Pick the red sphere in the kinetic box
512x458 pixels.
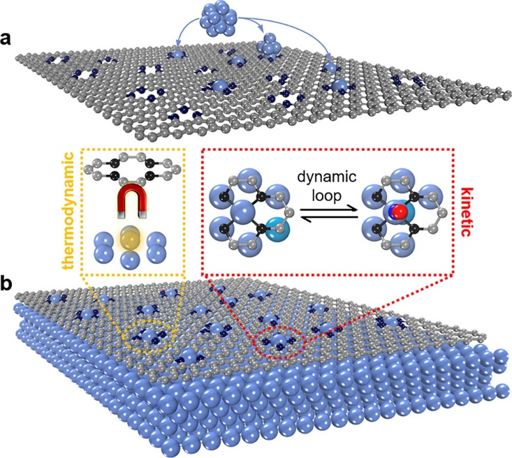click(397, 212)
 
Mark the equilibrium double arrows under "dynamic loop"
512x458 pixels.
click(298, 219)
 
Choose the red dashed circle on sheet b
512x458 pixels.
click(279, 340)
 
